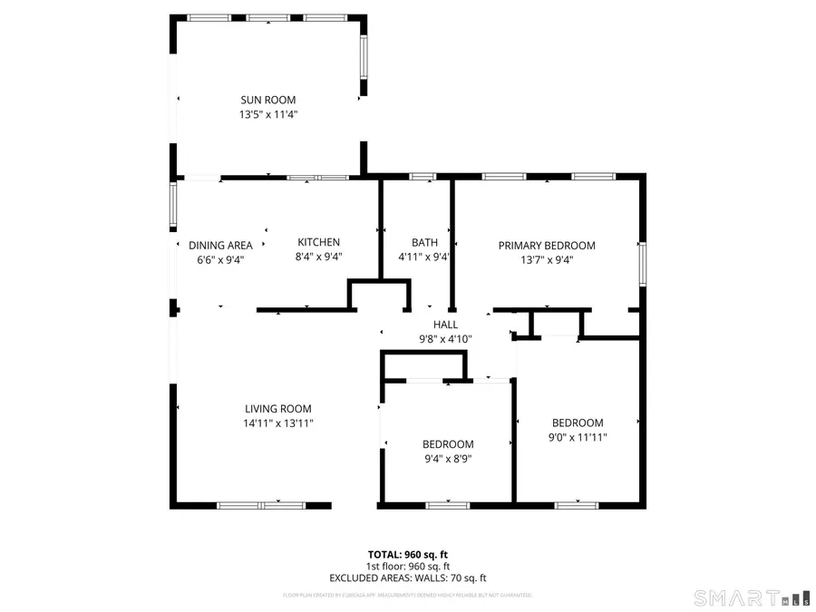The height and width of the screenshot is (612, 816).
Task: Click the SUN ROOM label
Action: pyautogui.click(x=267, y=100)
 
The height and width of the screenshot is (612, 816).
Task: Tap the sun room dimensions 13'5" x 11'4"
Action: pyautogui.click(x=268, y=115)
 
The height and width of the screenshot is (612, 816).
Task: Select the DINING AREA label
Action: pyautogui.click(x=220, y=245)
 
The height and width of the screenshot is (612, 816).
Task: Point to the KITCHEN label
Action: pyautogui.click(x=319, y=242)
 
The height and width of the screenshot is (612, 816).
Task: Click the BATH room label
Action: pyautogui.click(x=424, y=242)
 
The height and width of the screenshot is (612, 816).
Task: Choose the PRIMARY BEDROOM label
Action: pyautogui.click(x=547, y=245)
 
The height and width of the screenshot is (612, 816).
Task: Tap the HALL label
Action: pyautogui.click(x=445, y=324)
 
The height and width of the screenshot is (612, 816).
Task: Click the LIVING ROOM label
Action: pyautogui.click(x=277, y=409)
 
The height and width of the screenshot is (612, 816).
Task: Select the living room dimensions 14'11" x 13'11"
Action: pyautogui.click(x=277, y=423)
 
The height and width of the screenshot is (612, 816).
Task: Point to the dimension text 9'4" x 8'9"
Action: pyautogui.click(x=448, y=459)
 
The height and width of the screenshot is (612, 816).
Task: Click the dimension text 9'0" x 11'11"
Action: pyautogui.click(x=578, y=437)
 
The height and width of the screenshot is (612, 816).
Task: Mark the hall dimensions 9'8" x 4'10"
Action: pyautogui.click(x=445, y=339)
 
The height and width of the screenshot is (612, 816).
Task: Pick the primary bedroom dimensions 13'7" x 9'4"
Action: pyautogui.click(x=547, y=259)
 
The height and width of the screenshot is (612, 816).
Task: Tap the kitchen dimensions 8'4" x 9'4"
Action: pyautogui.click(x=319, y=257)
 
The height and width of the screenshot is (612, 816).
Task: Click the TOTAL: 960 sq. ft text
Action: pyautogui.click(x=407, y=554)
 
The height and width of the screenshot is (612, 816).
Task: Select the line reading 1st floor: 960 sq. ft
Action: pyautogui.click(x=407, y=566)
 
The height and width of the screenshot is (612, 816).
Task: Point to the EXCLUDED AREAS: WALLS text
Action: pyautogui.click(x=407, y=578)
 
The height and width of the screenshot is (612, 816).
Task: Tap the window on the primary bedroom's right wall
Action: pyautogui.click(x=643, y=263)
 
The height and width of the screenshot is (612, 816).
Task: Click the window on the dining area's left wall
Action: pyautogui.click(x=173, y=203)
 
